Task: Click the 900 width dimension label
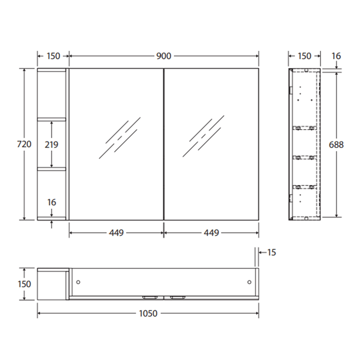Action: [x=164, y=56]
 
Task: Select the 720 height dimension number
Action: [x=25, y=145]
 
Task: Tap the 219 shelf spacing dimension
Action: [x=51, y=145]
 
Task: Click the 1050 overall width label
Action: [x=148, y=313]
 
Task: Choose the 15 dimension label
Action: [x=272, y=252]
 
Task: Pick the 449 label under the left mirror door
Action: [x=116, y=233]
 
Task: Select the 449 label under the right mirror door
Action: [x=211, y=233]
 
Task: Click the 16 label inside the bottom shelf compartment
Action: [x=51, y=203]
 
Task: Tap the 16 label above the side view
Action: [x=336, y=56]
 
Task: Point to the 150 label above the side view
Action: [x=304, y=56]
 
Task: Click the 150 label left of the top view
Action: [x=25, y=284]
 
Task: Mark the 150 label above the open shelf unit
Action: [x=53, y=56]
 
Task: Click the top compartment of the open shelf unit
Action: [x=51, y=94]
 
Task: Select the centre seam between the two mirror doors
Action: [x=164, y=145]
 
